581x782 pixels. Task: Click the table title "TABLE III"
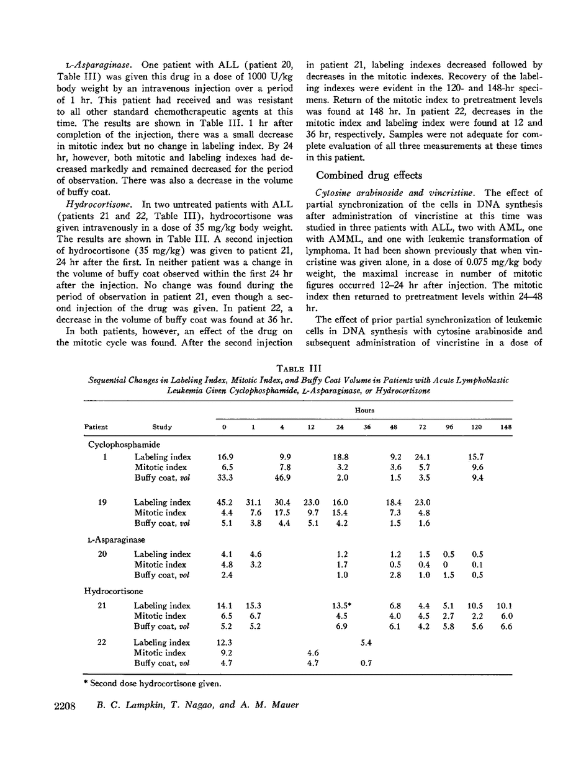coord(296,367)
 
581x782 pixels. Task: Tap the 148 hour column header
coord(505,427)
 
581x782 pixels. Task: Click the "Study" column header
coord(162,427)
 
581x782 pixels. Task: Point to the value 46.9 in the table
coord(286,478)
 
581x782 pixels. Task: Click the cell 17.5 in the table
coord(286,513)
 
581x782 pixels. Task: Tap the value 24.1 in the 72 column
coord(423,457)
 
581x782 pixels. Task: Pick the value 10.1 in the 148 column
coord(505,605)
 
